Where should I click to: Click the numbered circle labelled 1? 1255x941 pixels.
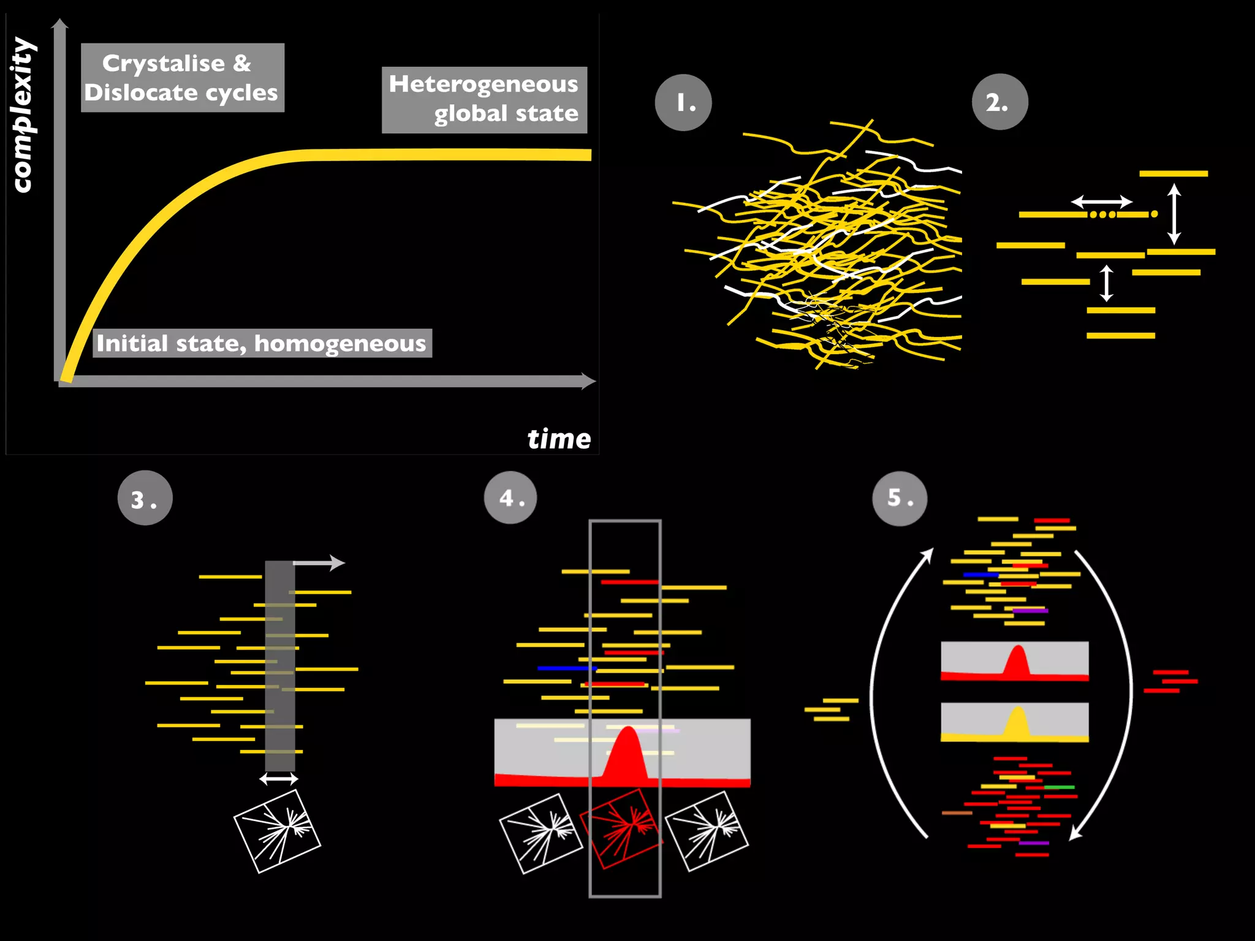[x=683, y=102]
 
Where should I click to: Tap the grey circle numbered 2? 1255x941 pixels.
[x=999, y=102]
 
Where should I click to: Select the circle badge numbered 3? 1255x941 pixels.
[x=145, y=498]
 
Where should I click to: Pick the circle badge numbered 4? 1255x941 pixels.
[x=510, y=497]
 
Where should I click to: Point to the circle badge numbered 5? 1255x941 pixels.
[x=900, y=498]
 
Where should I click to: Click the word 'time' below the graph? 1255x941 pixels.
[x=559, y=439]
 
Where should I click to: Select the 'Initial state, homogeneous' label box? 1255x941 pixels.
[x=262, y=343]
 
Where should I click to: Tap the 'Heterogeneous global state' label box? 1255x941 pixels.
[x=484, y=100]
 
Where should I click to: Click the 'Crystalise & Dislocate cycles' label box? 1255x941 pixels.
[x=182, y=78]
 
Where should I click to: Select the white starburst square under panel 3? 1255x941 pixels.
[x=278, y=831]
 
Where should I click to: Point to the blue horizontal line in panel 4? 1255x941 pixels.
[x=566, y=668]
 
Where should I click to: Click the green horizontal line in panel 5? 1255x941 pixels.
[x=1059, y=787]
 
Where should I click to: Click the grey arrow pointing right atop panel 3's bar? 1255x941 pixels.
[x=319, y=562]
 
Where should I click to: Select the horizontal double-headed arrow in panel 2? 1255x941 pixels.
[x=1101, y=201]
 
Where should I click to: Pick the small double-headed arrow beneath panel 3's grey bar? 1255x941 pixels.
[x=279, y=779]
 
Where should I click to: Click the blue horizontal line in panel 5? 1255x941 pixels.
[x=980, y=575]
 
